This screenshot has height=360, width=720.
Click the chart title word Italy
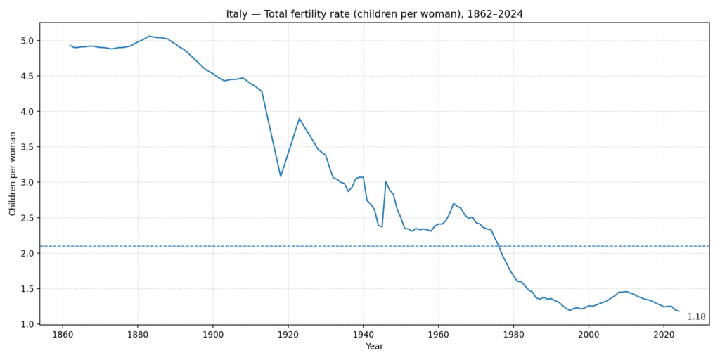[x=238, y=14]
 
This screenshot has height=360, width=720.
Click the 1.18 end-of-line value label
[x=696, y=317]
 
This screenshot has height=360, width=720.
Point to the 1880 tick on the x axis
[x=138, y=335]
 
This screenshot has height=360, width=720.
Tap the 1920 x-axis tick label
[x=288, y=335]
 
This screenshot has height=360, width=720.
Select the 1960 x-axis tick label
[x=438, y=335]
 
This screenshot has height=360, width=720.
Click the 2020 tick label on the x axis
[x=663, y=335]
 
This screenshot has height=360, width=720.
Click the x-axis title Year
[x=374, y=347]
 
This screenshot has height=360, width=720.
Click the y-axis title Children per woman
[x=13, y=173]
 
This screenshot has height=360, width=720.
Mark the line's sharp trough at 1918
[x=281, y=176]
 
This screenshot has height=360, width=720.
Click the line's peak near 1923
[x=299, y=118]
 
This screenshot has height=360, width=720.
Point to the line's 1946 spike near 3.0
[x=386, y=181]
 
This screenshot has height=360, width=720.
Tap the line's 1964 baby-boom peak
[x=454, y=203]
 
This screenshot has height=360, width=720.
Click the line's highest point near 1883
[x=149, y=36]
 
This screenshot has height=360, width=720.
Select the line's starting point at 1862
[x=70, y=45]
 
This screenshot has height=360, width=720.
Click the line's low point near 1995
[x=570, y=310]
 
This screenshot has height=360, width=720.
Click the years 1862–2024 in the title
[x=490, y=14]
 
